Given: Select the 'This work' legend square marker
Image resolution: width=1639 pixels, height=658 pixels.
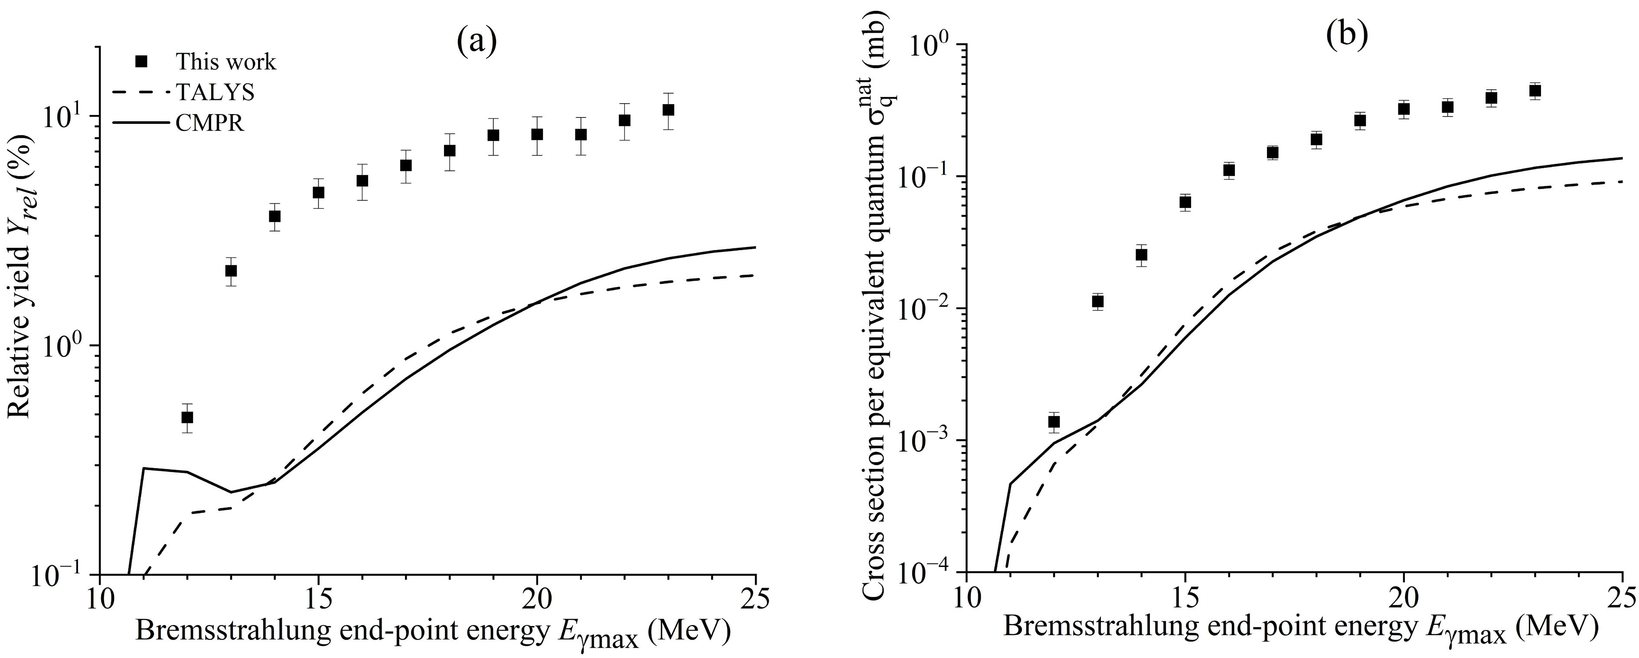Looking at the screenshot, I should pyautogui.click(x=142, y=62).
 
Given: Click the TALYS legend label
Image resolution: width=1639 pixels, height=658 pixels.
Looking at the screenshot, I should pyautogui.click(x=215, y=92).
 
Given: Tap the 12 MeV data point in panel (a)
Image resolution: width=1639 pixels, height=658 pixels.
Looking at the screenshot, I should pyautogui.click(x=187, y=417).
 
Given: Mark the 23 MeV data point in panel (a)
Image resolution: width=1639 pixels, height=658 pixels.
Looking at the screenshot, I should pyautogui.click(x=668, y=110).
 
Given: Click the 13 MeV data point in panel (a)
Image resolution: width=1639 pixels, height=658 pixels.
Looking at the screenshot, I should pyautogui.click(x=231, y=271).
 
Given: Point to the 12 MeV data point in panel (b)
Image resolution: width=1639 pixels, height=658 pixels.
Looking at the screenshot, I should pyautogui.click(x=1054, y=421).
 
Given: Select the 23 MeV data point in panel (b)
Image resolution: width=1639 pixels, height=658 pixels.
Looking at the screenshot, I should pyautogui.click(x=1535, y=91).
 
